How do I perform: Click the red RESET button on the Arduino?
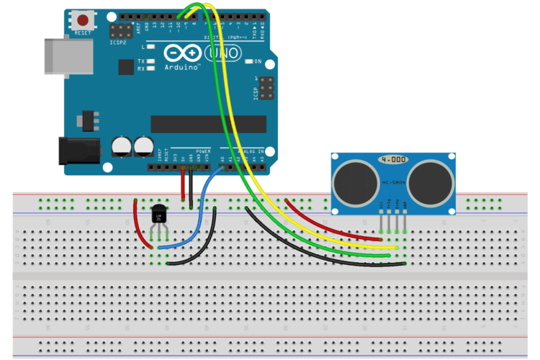click(83, 21)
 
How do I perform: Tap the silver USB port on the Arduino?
click(68, 55)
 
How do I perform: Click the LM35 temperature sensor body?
click(159, 215)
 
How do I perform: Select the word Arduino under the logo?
click(182, 67)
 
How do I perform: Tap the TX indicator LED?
click(151, 62)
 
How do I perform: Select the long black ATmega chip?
click(208, 123)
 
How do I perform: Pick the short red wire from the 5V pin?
click(183, 186)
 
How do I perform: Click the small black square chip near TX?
click(127, 66)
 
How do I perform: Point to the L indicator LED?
click(151, 46)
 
